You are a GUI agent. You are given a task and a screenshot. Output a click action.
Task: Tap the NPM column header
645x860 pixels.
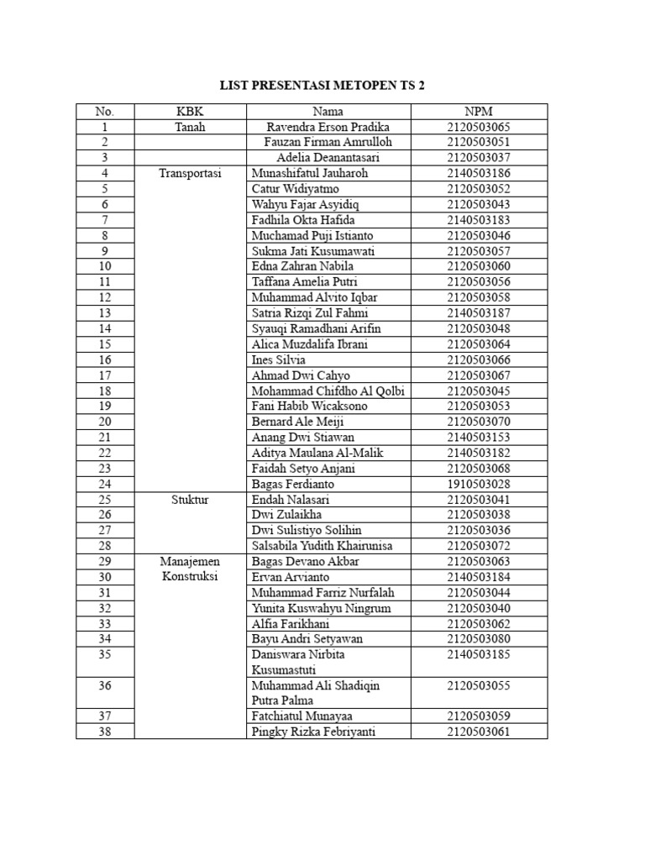point(479,111)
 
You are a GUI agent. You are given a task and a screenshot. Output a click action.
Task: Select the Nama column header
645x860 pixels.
point(328,111)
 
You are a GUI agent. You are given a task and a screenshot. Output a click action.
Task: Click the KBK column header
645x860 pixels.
point(190,111)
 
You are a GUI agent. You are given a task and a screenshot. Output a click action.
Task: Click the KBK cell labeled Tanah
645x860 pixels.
point(190,127)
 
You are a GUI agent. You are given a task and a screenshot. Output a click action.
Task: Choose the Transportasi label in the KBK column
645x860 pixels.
point(190,173)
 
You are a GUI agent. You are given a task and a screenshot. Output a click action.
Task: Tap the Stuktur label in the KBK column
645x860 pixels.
point(190,499)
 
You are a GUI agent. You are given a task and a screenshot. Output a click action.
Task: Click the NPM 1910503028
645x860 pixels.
point(479,484)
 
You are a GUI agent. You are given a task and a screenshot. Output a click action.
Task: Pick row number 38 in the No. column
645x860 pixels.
point(105,732)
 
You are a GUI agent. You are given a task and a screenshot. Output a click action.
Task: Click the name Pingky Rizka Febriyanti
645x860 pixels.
point(314,732)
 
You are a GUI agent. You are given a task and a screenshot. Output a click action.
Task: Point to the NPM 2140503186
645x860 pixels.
point(479,173)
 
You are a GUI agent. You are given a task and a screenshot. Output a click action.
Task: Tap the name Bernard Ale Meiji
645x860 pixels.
point(297,422)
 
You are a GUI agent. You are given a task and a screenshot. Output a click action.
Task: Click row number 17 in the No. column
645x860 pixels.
point(105,375)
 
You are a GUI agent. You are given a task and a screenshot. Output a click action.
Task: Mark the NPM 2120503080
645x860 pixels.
point(479,639)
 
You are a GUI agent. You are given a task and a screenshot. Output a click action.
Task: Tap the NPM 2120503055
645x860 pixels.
point(479,685)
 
